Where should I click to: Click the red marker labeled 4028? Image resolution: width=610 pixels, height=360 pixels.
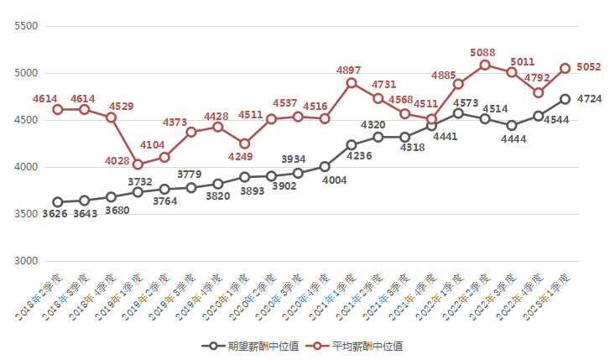pyautogui.click(x=138, y=164)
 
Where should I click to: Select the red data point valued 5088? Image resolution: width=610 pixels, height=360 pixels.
pyautogui.click(x=485, y=65)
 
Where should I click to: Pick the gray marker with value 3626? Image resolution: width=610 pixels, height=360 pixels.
pyautogui.click(x=57, y=202)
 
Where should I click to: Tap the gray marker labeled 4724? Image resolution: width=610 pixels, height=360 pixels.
pyautogui.click(x=565, y=99)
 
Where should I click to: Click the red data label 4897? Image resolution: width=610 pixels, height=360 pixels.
pyautogui.click(x=349, y=69)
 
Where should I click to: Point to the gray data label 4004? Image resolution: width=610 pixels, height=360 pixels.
pyautogui.click(x=326, y=180)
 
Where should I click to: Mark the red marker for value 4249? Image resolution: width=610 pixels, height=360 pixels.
pyautogui.click(x=244, y=143)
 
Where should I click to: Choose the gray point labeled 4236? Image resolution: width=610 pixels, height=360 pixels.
pyautogui.click(x=351, y=145)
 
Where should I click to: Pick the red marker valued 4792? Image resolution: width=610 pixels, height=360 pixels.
pyautogui.click(x=538, y=93)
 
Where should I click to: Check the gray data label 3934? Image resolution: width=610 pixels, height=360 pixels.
pyautogui.click(x=293, y=159)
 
